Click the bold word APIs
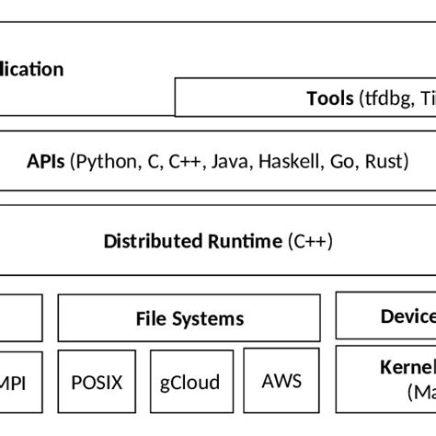[x=46, y=163]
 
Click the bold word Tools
[x=329, y=98]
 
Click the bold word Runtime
[x=240, y=242]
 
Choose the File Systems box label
[x=189, y=319]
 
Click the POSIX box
[x=96, y=381]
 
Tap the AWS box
[x=281, y=381]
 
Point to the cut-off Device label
[x=407, y=317]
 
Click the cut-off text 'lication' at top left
[x=31, y=69]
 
